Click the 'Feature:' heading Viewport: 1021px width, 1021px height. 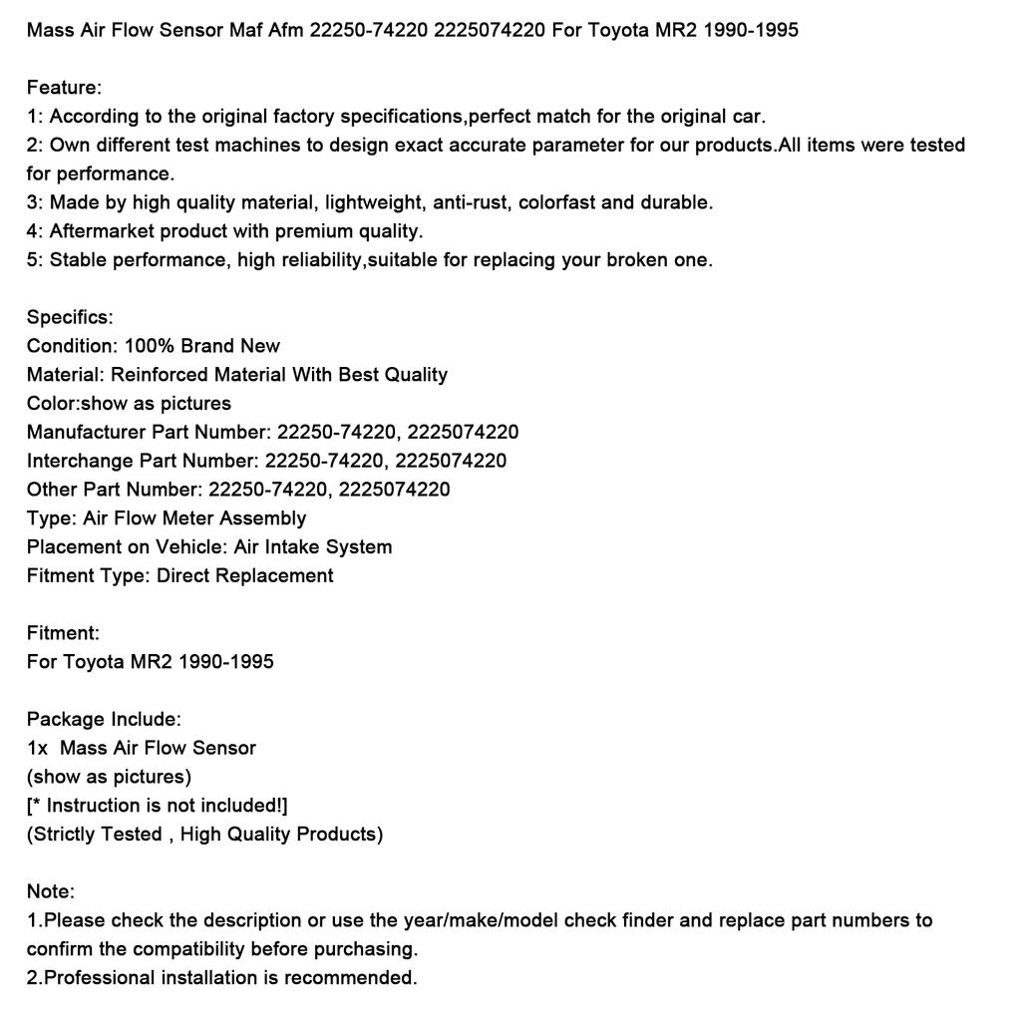[x=64, y=88]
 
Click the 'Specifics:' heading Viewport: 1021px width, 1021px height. [x=70, y=318]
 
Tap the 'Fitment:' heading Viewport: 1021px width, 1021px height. [x=63, y=633]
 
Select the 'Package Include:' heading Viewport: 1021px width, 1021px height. [x=104, y=720]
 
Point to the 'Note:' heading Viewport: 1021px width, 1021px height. [x=51, y=892]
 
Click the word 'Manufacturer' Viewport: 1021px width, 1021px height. [x=87, y=433]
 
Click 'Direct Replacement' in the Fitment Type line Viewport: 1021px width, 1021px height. [x=245, y=575]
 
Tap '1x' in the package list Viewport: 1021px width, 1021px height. [x=38, y=749]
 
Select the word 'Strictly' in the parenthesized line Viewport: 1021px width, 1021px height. [x=64, y=835]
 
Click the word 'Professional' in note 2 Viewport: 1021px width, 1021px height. [x=106, y=978]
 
